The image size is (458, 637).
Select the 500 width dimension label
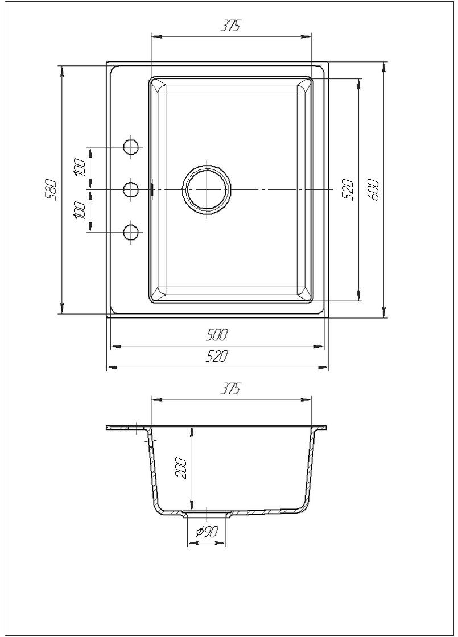[x=217, y=334]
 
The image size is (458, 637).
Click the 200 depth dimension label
[x=181, y=469]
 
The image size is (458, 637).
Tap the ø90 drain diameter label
[x=207, y=531]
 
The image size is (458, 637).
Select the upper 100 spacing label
[x=80, y=167]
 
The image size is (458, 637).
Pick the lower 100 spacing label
[x=80, y=210]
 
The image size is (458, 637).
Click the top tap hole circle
[x=131, y=147]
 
